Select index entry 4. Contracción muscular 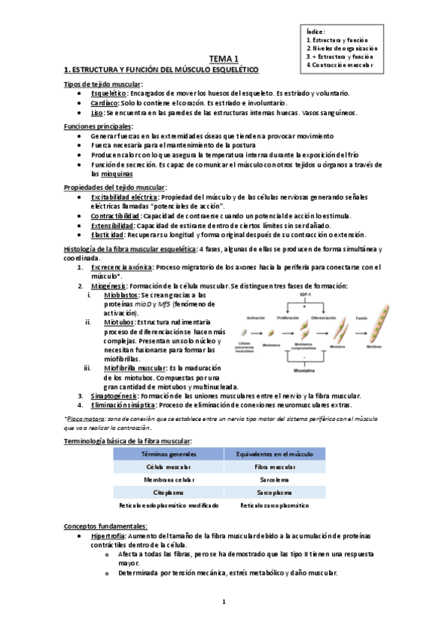click(340, 65)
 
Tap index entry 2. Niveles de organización click(342, 47)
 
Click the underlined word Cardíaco click(105, 102)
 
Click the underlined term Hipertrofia click(109, 536)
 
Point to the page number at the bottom click(224, 603)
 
